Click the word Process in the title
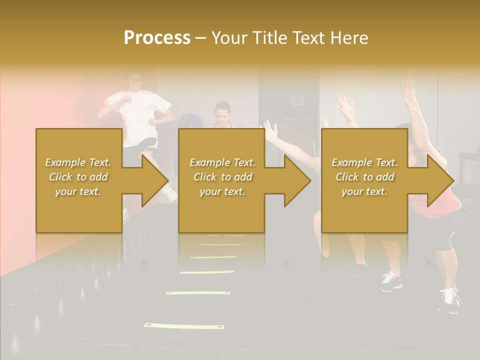(x=157, y=38)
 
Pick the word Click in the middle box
(x=205, y=177)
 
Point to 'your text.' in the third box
(x=364, y=191)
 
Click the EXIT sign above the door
(x=298, y=100)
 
